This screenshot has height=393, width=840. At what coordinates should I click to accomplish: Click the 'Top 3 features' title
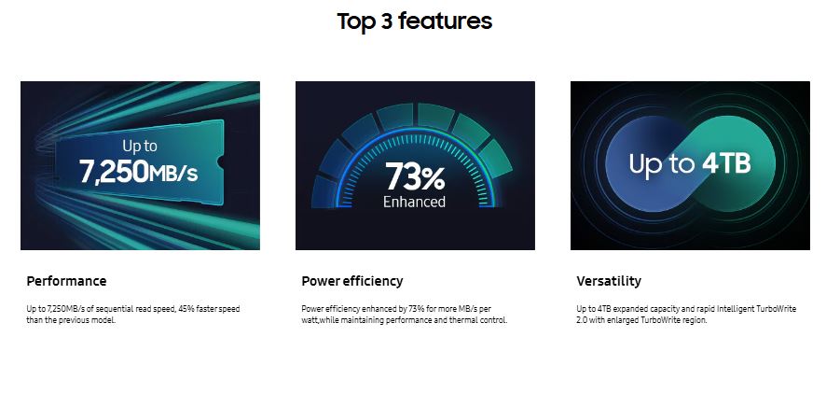414,21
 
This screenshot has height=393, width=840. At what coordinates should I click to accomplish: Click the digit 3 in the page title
386,21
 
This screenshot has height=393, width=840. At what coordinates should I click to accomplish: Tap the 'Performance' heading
66,281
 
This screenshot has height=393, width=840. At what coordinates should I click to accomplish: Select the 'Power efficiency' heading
352,281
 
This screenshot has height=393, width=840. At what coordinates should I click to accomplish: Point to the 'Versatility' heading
609,281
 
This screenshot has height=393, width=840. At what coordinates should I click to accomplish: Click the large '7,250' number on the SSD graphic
114,172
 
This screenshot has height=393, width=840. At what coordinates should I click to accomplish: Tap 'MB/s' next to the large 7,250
173,174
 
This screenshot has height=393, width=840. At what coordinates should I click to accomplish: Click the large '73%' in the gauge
415,176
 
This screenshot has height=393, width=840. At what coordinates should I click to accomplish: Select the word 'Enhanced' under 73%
414,202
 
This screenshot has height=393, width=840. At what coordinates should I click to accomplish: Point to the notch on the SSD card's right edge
220,161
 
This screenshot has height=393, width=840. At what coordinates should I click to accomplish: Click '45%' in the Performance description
185,309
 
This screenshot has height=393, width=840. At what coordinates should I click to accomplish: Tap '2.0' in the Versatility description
582,320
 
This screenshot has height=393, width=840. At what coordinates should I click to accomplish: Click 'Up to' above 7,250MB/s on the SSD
140,146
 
